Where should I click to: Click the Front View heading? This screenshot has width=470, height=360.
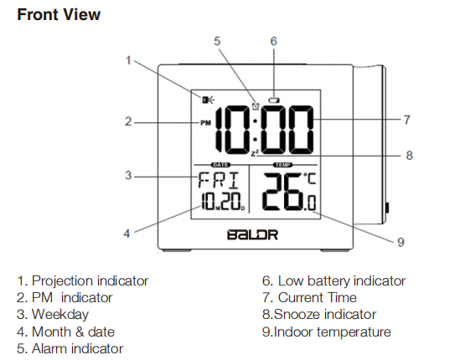(x=59, y=15)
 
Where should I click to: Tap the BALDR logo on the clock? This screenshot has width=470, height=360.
(x=253, y=234)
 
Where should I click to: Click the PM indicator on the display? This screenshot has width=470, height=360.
(x=205, y=123)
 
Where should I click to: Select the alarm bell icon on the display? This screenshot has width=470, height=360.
(x=256, y=106)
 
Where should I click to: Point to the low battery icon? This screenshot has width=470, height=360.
(x=274, y=100)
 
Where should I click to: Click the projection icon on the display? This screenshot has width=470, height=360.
(x=208, y=100)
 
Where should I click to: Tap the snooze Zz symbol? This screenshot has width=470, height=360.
(x=255, y=154)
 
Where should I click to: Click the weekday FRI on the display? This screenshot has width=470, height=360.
(x=219, y=180)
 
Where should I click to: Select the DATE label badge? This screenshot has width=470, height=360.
(x=221, y=165)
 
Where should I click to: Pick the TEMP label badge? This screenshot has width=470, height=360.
(x=282, y=165)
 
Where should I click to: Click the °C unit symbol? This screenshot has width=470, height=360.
(x=310, y=178)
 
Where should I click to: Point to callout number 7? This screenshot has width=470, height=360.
(x=407, y=120)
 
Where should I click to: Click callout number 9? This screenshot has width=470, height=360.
(x=400, y=242)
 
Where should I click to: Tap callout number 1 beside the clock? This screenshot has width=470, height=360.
(x=128, y=60)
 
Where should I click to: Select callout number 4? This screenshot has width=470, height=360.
(x=127, y=234)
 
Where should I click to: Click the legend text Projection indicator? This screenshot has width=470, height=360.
(x=90, y=281)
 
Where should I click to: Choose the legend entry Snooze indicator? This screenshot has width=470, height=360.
(x=325, y=315)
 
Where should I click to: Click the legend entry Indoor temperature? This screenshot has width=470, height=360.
(x=333, y=332)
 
